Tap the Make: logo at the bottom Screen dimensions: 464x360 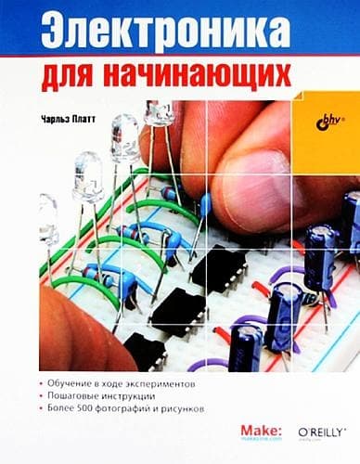(261, 427)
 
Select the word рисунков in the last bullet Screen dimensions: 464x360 (199, 408)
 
